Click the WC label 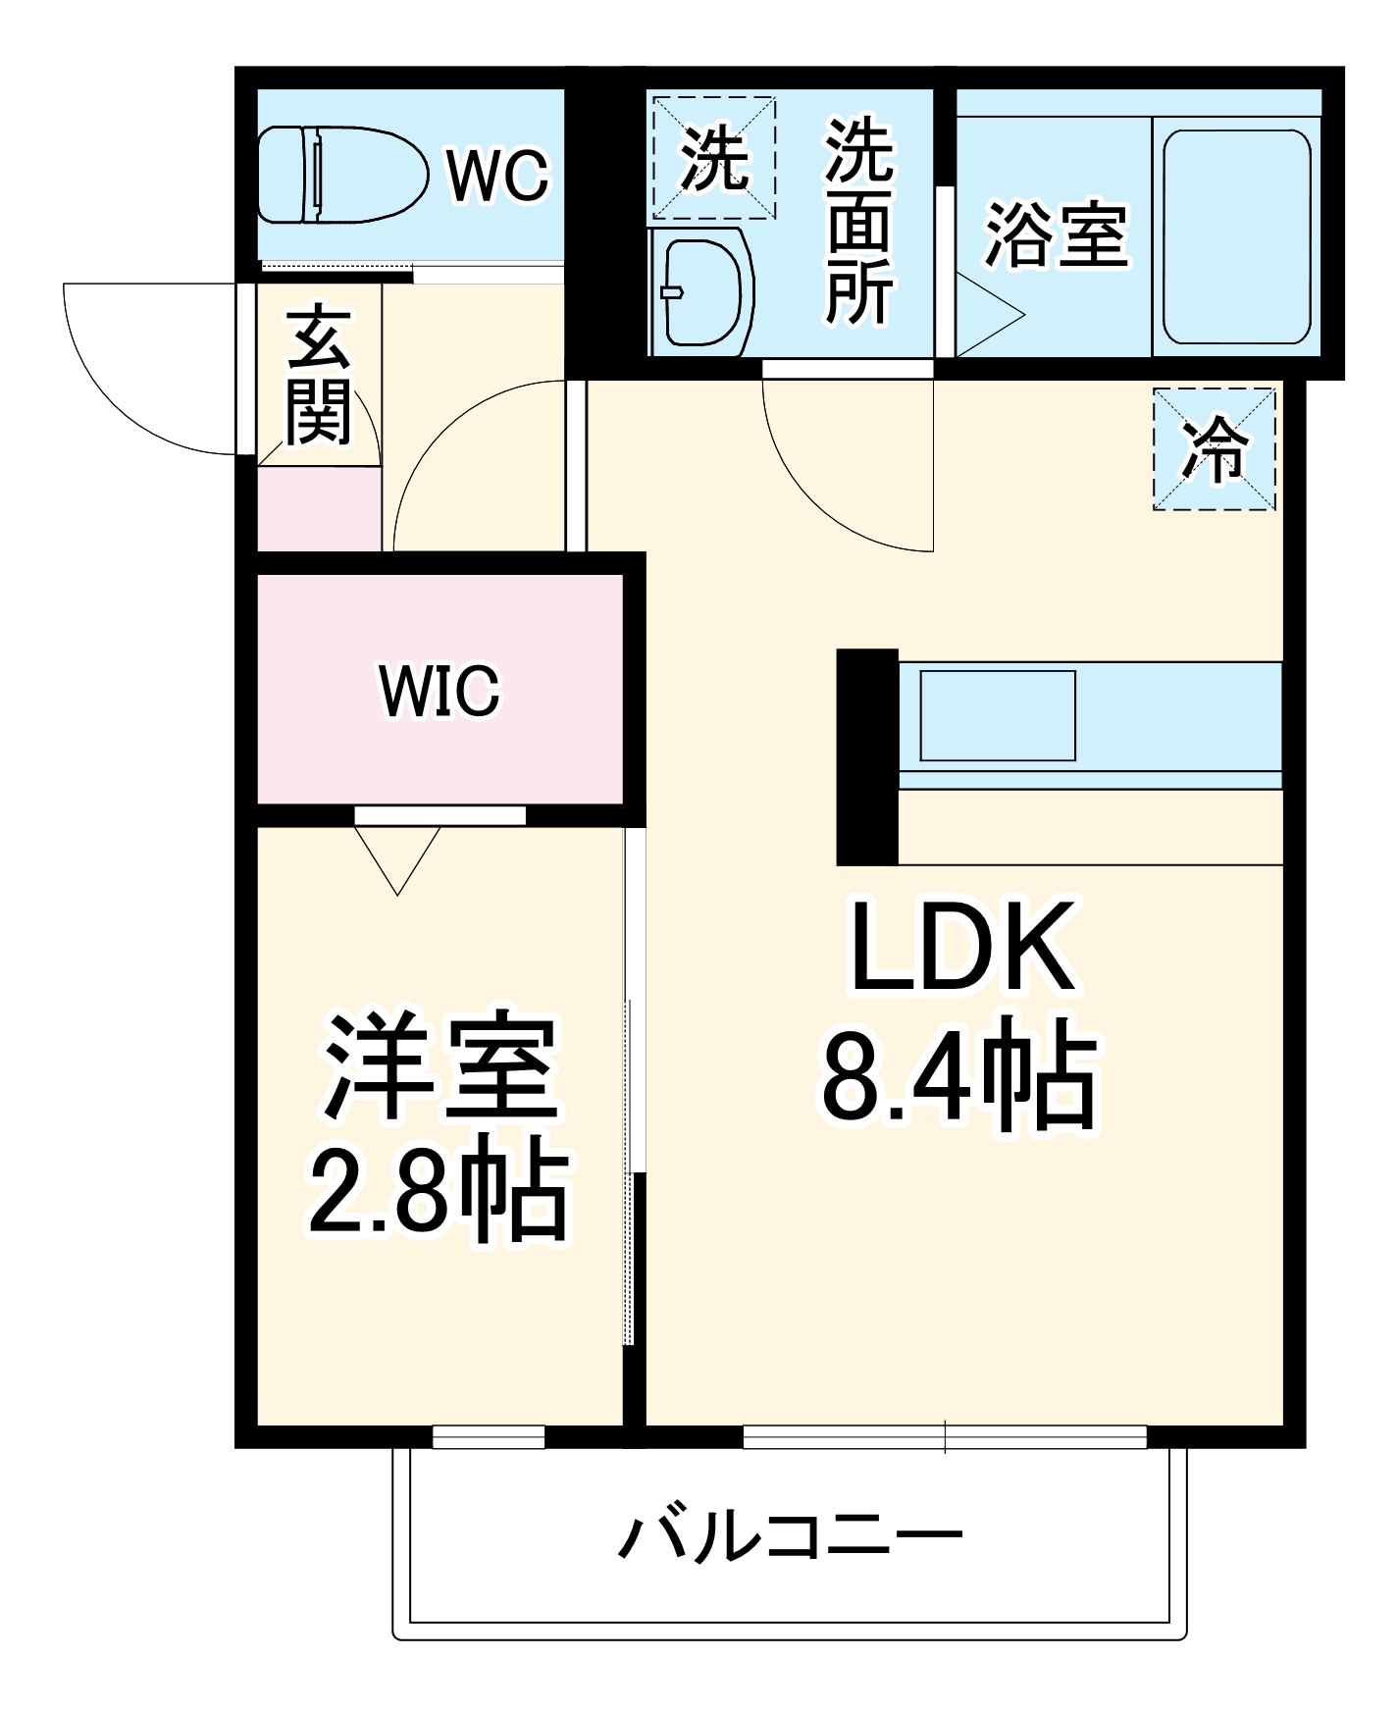[x=498, y=176]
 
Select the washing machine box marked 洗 [x=713, y=157]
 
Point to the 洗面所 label [x=859, y=222]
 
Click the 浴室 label [x=1057, y=234]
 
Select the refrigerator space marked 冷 [x=1215, y=449]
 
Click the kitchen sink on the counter [x=998, y=715]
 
